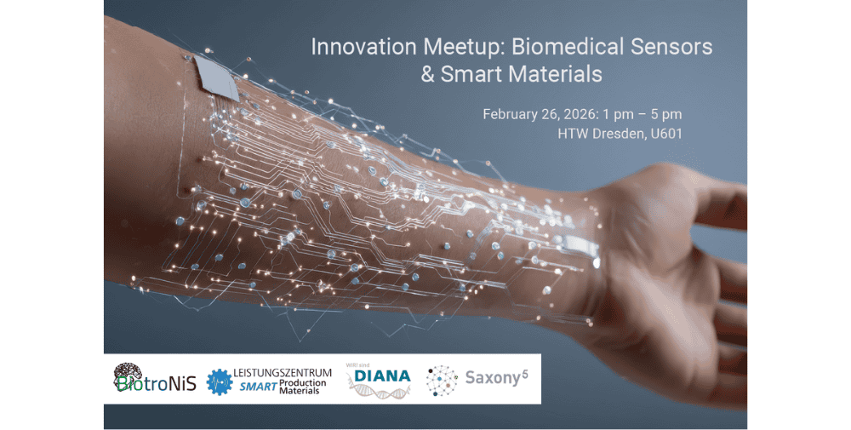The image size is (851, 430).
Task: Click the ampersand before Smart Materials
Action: click(x=428, y=74)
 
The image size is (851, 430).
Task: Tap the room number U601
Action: click(x=666, y=134)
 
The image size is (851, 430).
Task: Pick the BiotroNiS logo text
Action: click(x=157, y=383)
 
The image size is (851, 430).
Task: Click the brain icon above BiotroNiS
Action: click(x=129, y=372)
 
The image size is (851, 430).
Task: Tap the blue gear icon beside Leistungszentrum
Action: click(x=220, y=381)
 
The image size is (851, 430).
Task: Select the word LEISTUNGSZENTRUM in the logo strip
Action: click(x=283, y=373)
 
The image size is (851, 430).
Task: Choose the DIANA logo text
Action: click(x=382, y=376)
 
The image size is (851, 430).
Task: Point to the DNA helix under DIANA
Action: click(x=379, y=391)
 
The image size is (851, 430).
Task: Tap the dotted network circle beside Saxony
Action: click(x=442, y=380)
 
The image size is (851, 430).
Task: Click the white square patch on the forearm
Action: click(x=216, y=77)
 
